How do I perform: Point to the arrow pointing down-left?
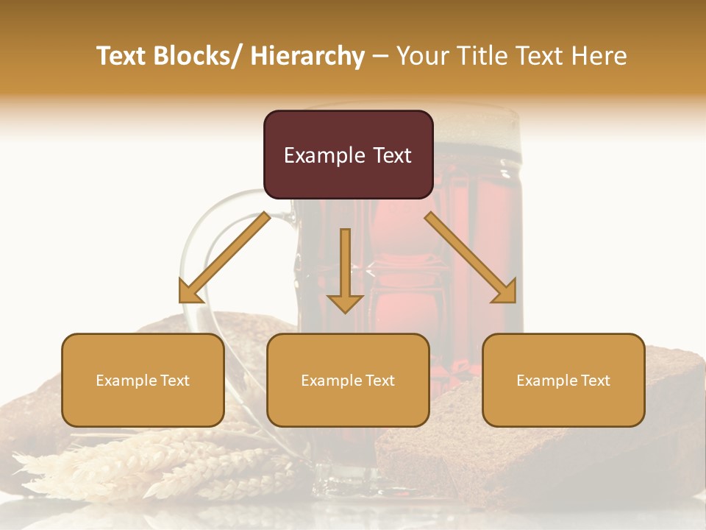click(x=224, y=258)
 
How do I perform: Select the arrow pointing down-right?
click(x=471, y=258)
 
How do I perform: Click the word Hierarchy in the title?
click(x=307, y=56)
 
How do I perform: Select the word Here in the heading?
click(x=600, y=56)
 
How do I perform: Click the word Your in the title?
click(x=421, y=56)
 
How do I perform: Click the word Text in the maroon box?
click(x=391, y=155)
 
